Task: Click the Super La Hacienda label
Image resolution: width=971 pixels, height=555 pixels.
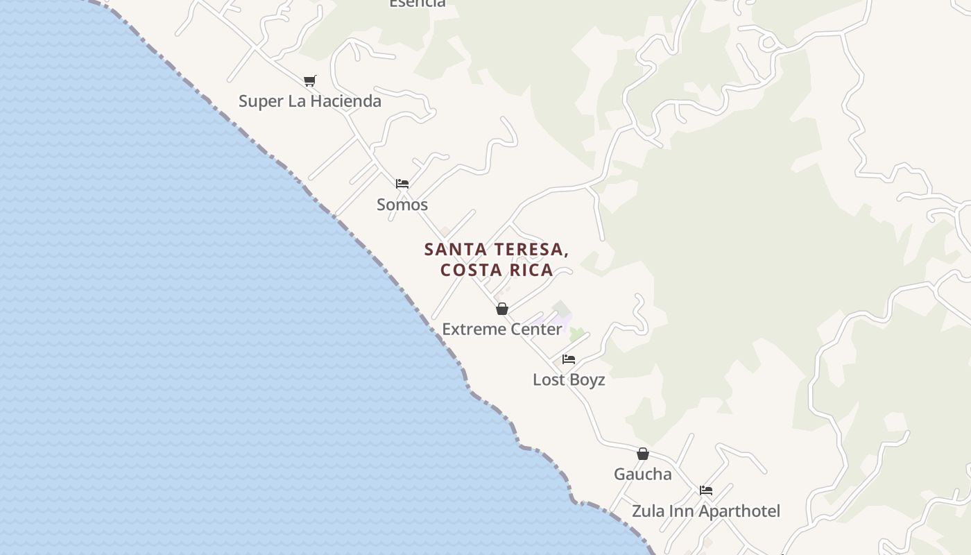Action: point(309,101)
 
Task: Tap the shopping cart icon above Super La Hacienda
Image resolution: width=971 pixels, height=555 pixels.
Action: point(310,81)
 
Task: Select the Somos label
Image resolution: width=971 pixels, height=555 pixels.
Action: point(402,205)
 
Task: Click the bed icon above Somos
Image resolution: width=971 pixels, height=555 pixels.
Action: point(402,184)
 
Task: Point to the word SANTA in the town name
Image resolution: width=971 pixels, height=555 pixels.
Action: point(453,250)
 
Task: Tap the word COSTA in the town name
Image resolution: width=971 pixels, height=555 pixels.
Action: point(468,270)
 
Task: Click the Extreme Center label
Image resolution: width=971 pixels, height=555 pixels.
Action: point(502,329)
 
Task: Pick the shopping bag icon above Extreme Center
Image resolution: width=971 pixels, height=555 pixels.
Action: point(502,309)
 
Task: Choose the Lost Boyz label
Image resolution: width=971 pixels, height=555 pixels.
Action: point(569,379)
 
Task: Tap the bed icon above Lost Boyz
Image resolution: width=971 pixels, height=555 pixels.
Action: point(569,359)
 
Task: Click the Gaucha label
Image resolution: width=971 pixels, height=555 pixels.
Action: point(643,475)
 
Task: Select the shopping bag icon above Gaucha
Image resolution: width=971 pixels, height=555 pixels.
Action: point(643,454)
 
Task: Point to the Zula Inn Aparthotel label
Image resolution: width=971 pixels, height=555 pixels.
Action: point(705,511)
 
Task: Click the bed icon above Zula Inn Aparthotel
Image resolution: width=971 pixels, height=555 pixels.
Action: point(706,490)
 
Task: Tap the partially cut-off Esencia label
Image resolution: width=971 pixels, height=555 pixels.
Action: point(417,3)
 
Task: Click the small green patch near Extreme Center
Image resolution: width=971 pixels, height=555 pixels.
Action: point(576,334)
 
